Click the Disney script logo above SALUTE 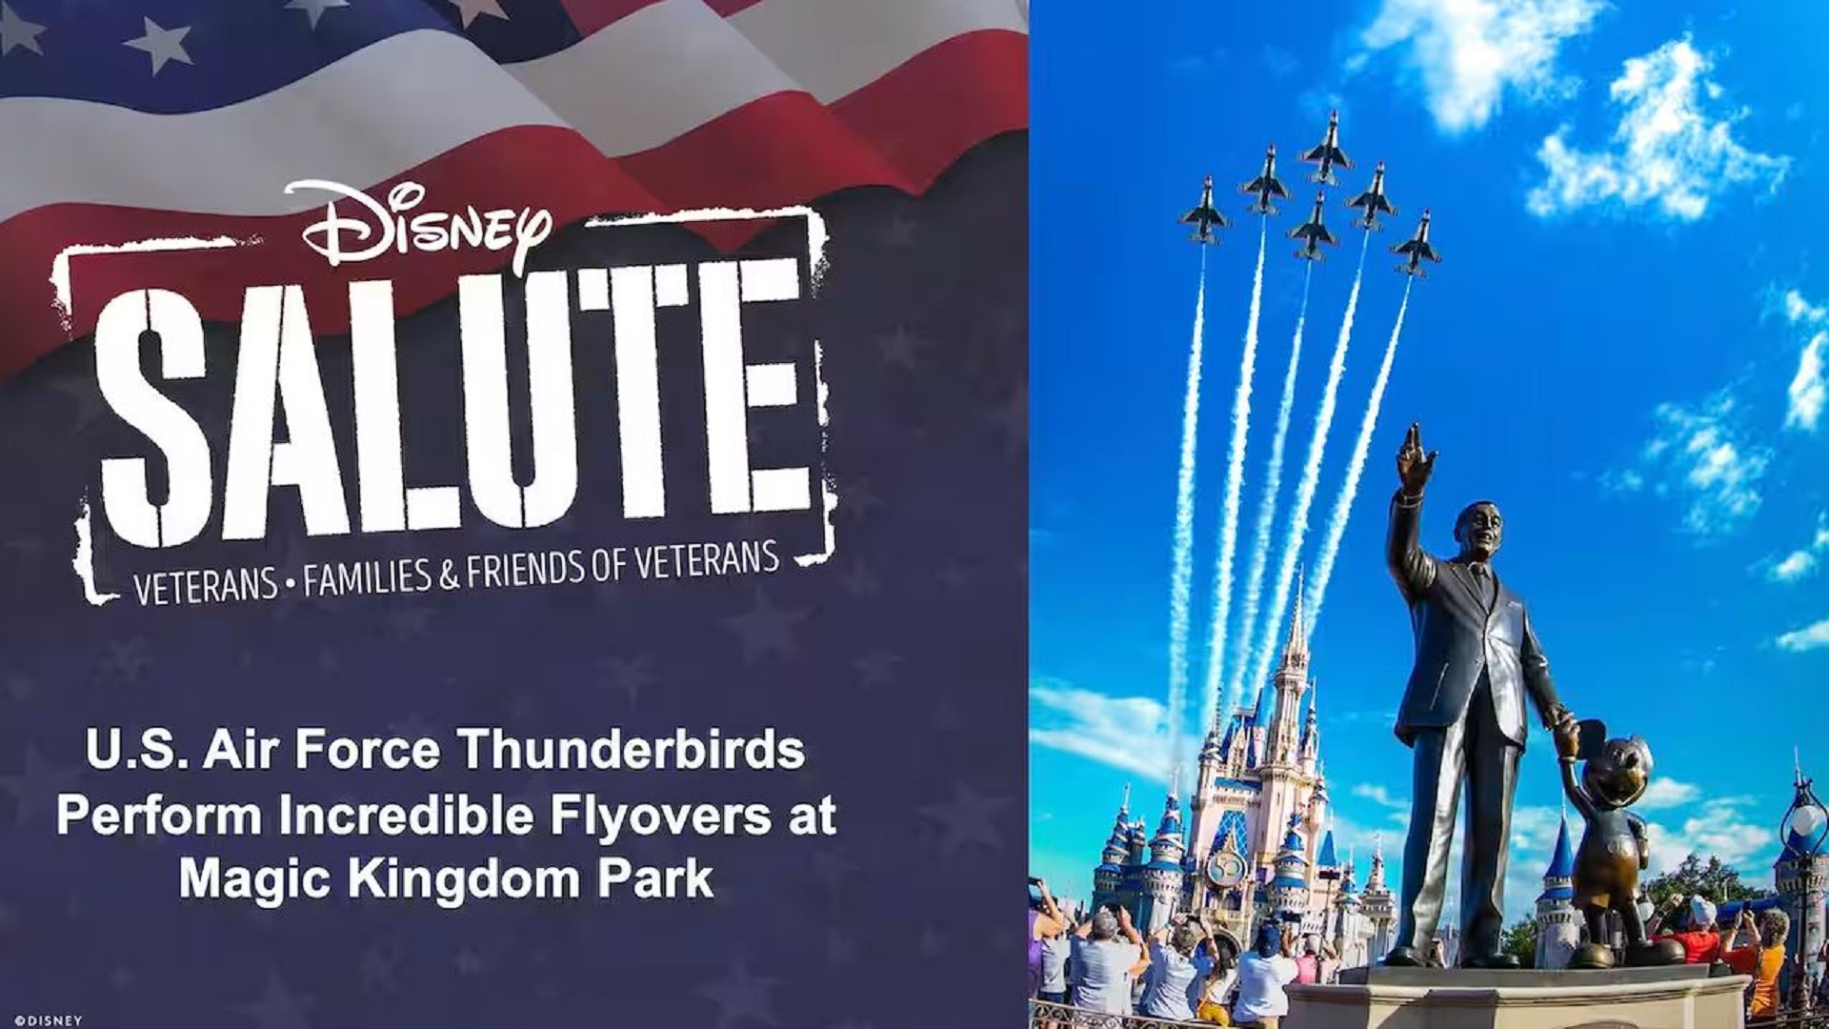419,225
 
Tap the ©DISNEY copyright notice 49,1020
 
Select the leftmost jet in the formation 1204,212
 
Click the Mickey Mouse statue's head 1617,768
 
